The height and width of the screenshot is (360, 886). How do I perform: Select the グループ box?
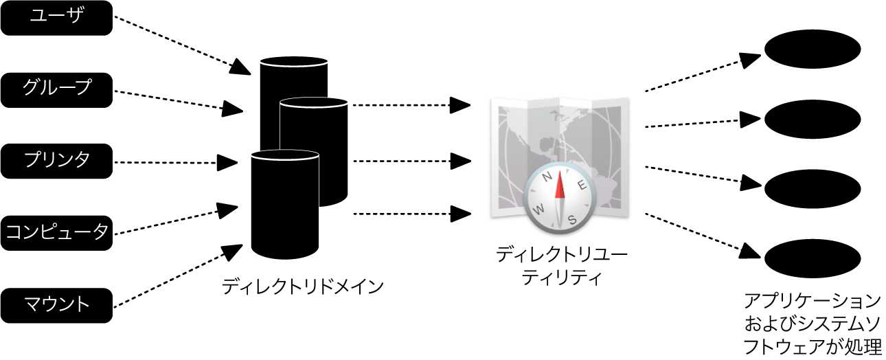56,90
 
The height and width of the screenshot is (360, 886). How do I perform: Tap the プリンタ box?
56,161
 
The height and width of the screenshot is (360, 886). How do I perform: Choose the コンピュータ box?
56,232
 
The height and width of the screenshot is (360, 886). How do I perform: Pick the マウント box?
56,304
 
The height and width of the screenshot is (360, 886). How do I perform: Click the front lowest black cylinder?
284,206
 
